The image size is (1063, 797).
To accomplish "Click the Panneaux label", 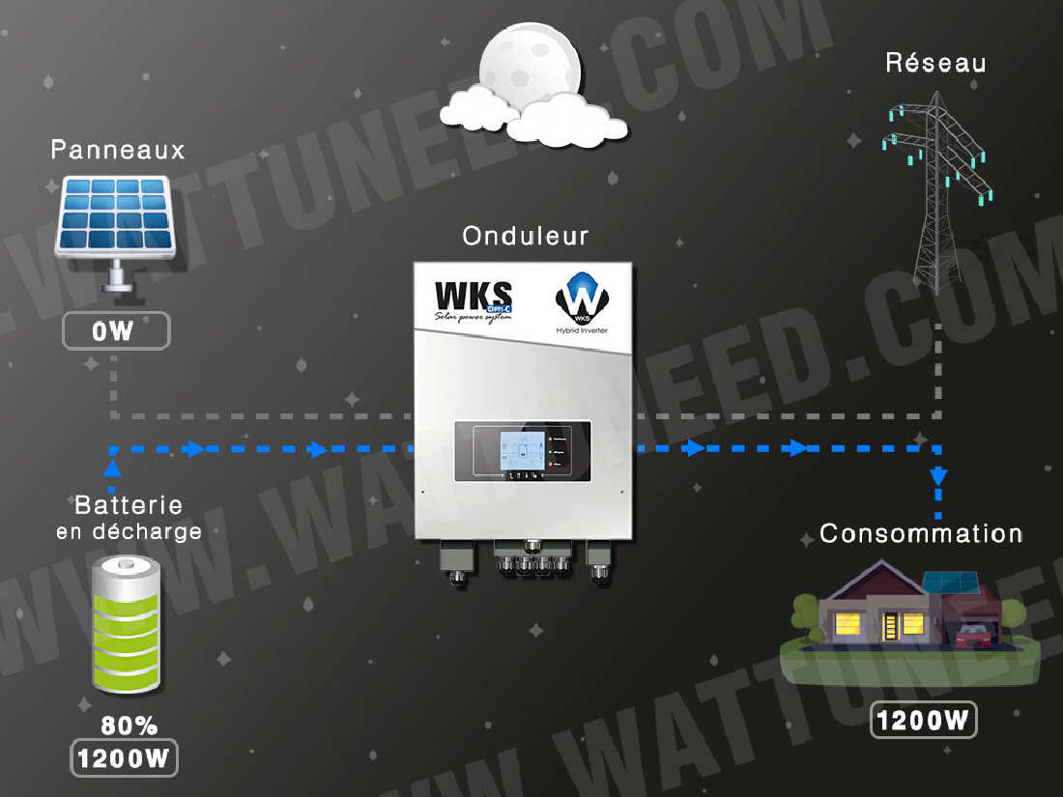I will [117, 150].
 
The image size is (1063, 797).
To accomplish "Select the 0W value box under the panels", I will [116, 331].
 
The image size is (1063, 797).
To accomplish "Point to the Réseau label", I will [935, 64].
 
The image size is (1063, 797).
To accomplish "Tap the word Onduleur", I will [525, 236].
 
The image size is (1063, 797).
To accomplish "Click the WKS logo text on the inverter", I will [474, 295].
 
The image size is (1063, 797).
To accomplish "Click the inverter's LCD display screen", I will [521, 452].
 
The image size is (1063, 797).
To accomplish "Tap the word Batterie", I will [129, 505].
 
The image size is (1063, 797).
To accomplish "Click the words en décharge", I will [129, 531].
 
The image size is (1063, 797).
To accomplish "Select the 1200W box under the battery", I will [125, 758].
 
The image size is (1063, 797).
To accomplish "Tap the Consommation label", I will [920, 533].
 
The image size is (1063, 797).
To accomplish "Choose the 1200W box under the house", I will [922, 720].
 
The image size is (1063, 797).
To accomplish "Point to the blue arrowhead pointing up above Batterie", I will [113, 469].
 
